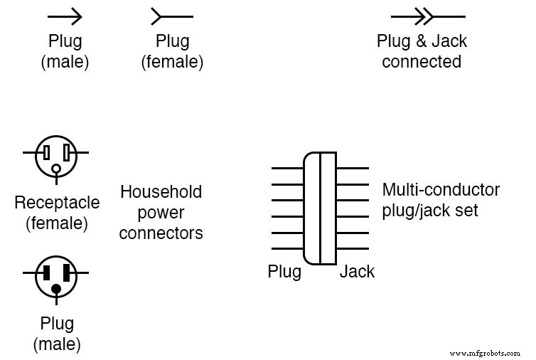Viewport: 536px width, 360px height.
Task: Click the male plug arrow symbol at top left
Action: click(65, 16)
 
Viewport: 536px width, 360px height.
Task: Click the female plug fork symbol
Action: click(171, 16)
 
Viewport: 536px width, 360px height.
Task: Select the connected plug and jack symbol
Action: click(427, 16)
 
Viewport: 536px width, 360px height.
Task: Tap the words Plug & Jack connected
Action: click(422, 51)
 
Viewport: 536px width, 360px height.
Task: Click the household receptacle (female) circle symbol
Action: click(56, 156)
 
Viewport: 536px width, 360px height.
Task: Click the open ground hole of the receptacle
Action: click(56, 169)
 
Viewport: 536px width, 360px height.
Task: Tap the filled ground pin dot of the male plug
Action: click(56, 289)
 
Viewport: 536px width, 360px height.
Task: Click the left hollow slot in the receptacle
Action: click(46, 152)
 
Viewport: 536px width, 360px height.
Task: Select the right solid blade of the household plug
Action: click(67, 273)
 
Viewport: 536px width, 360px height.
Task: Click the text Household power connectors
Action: click(161, 212)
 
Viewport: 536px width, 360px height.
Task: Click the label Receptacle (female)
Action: click(57, 213)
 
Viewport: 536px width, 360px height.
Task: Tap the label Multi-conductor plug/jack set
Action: click(441, 201)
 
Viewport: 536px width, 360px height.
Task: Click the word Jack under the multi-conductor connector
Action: click(357, 272)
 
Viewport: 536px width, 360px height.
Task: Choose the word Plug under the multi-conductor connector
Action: click(284, 272)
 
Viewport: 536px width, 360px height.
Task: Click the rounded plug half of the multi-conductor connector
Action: click(311, 208)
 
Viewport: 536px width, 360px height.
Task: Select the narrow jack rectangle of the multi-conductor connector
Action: click(328, 208)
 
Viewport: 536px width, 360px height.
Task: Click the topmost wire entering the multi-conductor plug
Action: click(287, 169)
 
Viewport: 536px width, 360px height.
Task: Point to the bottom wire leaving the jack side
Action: click(353, 249)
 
